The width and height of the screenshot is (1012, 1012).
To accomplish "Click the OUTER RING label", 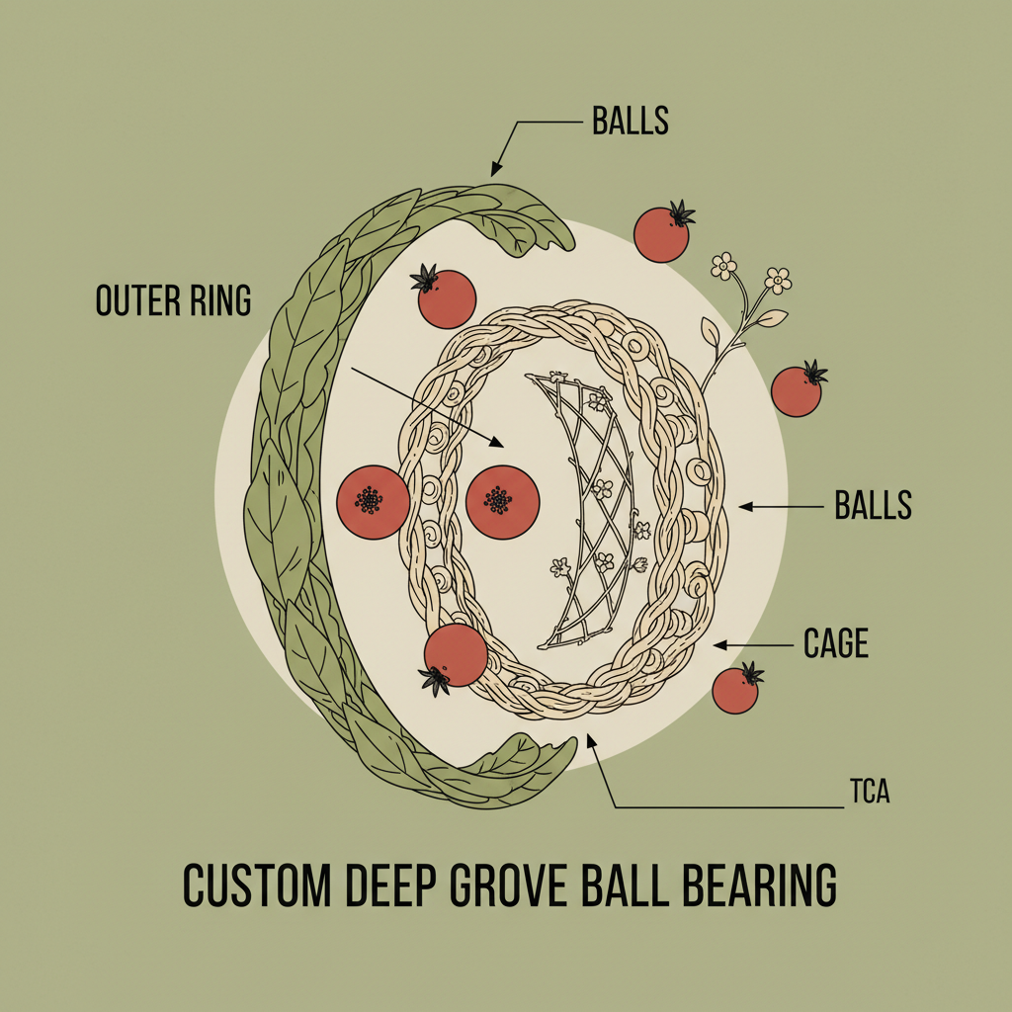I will (173, 300).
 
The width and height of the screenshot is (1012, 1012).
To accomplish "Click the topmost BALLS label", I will (631, 121).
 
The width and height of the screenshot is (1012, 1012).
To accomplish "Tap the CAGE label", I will (836, 644).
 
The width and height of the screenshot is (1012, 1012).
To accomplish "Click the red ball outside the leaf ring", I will (374, 502).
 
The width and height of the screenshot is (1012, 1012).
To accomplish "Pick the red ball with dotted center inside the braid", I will (502, 502).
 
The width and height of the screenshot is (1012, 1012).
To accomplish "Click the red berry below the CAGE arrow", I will (735, 691).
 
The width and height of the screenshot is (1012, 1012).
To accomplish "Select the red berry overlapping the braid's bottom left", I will (456, 654).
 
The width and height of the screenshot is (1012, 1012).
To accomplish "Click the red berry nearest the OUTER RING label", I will (447, 298).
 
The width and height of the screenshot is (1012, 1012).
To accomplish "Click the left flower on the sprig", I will (724, 265).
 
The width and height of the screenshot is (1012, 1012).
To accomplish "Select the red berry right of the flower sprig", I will (796, 390).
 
